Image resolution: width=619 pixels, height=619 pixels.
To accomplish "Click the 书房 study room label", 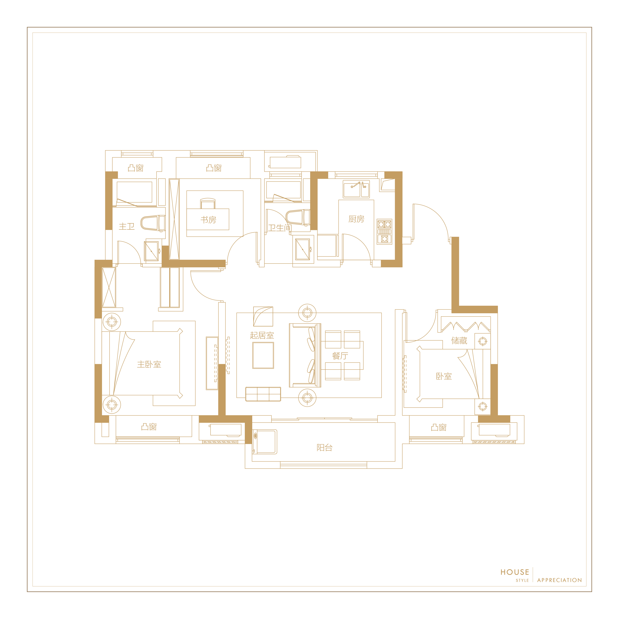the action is coord(208,220).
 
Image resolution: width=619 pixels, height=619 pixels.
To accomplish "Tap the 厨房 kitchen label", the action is coord(356,219).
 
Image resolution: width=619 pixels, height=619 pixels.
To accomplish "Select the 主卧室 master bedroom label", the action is coord(149,364).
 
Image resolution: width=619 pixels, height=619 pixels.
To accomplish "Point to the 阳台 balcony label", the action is coord(325,448).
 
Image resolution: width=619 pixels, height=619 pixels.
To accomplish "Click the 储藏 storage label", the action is coord(459,341).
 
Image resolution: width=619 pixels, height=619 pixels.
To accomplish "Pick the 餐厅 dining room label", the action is coord(340,356).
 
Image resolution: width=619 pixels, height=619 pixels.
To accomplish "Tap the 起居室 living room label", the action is coord(262,335).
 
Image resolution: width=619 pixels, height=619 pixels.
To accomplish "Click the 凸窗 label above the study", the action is coord(214,168).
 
